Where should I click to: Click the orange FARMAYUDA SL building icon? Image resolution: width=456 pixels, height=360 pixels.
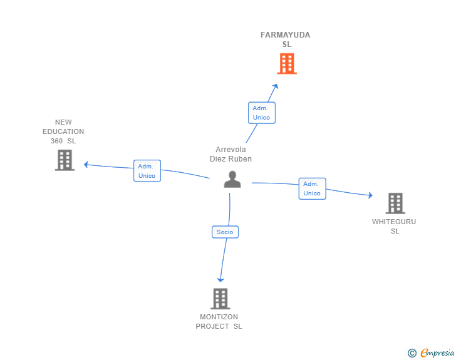(287, 63)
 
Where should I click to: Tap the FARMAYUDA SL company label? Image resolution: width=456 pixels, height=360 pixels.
(285, 39)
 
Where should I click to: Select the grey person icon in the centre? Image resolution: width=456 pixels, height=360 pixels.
(232, 180)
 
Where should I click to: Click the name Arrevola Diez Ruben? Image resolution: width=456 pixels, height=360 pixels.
(231, 154)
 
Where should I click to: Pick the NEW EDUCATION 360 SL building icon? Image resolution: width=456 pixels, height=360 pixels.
(65, 160)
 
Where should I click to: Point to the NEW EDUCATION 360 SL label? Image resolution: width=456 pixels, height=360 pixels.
(63, 131)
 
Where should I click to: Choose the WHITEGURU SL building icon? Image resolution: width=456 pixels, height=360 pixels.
(395, 203)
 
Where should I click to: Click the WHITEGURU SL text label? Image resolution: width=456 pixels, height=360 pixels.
(394, 226)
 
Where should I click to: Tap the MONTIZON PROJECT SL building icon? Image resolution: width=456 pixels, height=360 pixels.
(220, 299)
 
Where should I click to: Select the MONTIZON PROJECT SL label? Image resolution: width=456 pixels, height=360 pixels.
(219, 322)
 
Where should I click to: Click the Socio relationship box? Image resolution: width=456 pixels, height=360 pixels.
(225, 232)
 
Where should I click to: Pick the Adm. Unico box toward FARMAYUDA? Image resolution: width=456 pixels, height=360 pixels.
(262, 113)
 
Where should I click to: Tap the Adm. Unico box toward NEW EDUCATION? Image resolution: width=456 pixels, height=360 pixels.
(147, 171)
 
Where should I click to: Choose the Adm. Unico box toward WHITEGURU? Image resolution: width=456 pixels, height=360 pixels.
(313, 188)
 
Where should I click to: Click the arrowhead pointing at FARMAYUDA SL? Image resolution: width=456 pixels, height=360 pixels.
(276, 86)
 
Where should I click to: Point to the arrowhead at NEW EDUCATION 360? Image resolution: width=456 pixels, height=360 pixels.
(86, 165)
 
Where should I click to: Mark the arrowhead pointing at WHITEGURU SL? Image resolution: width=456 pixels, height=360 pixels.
(371, 195)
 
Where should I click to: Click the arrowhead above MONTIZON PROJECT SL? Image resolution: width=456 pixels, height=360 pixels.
(220, 280)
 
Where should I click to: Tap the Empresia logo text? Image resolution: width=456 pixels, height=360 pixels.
(437, 352)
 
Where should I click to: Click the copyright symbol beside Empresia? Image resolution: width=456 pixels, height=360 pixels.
(412, 353)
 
